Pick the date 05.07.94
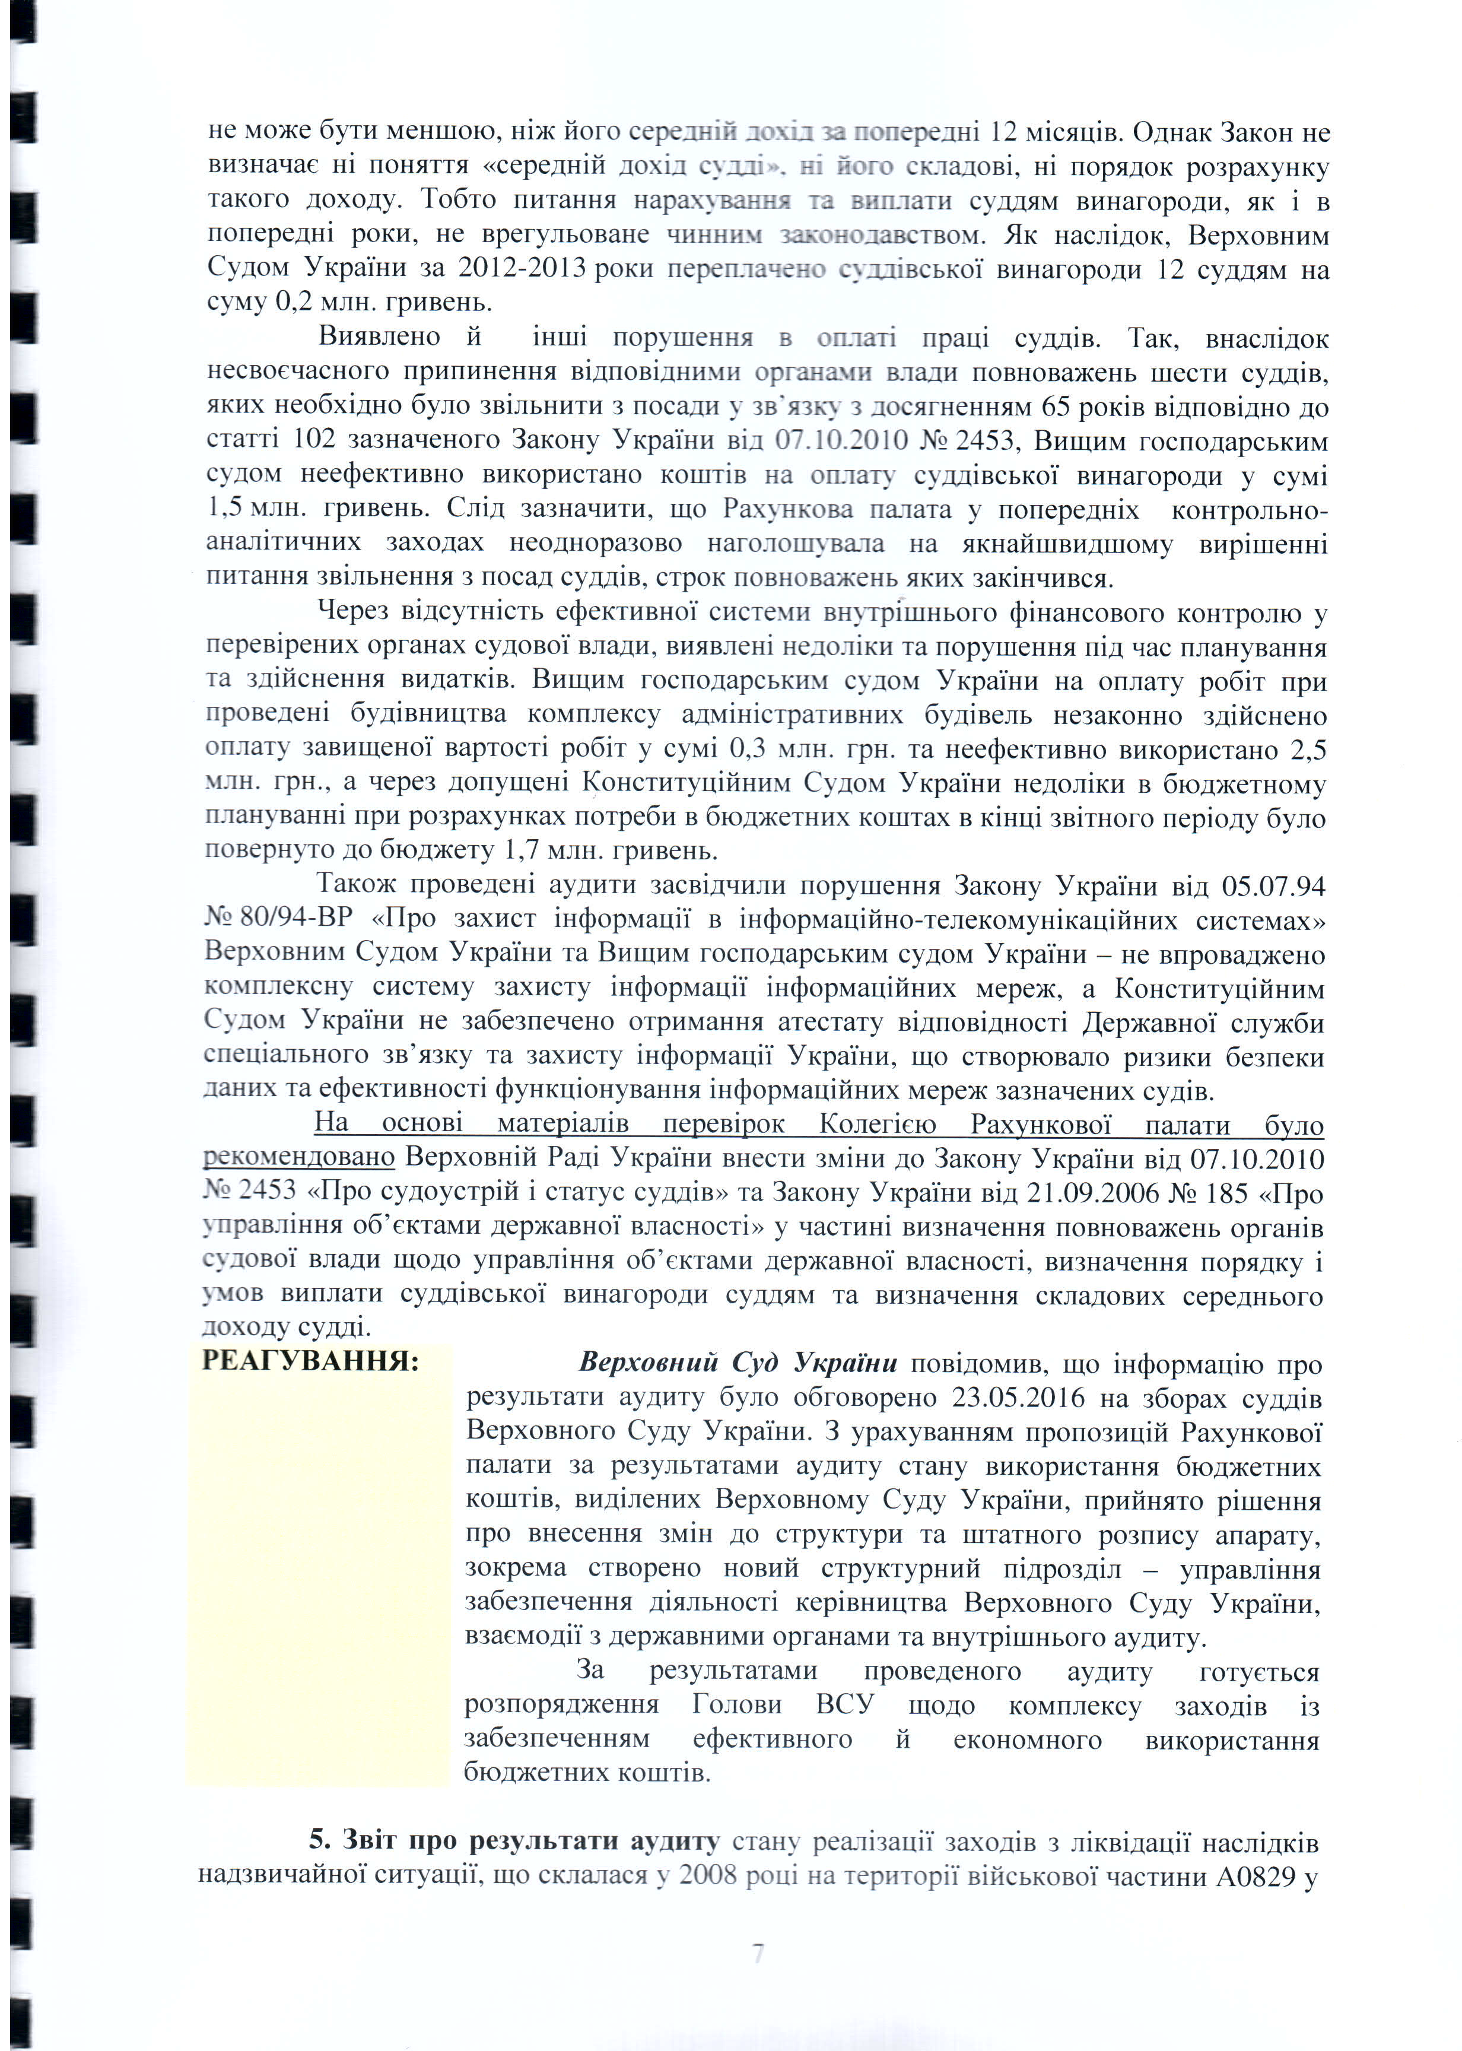[1273, 886]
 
